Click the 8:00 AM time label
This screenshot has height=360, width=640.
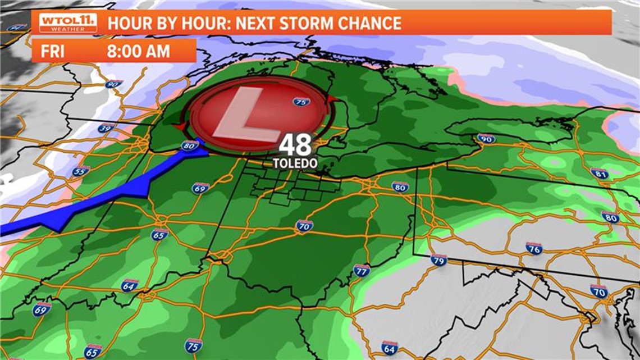click(x=138, y=51)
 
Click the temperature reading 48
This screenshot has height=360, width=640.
click(x=295, y=146)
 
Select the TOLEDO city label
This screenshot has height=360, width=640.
click(x=295, y=163)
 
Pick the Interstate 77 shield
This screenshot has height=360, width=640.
click(x=362, y=271)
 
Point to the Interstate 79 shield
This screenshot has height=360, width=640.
click(x=439, y=259)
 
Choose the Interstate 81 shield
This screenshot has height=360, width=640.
click(x=599, y=174)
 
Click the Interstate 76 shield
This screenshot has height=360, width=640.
click(x=534, y=248)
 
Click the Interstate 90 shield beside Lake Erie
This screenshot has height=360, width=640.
click(x=486, y=139)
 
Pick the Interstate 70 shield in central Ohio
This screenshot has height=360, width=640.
click(x=304, y=226)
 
